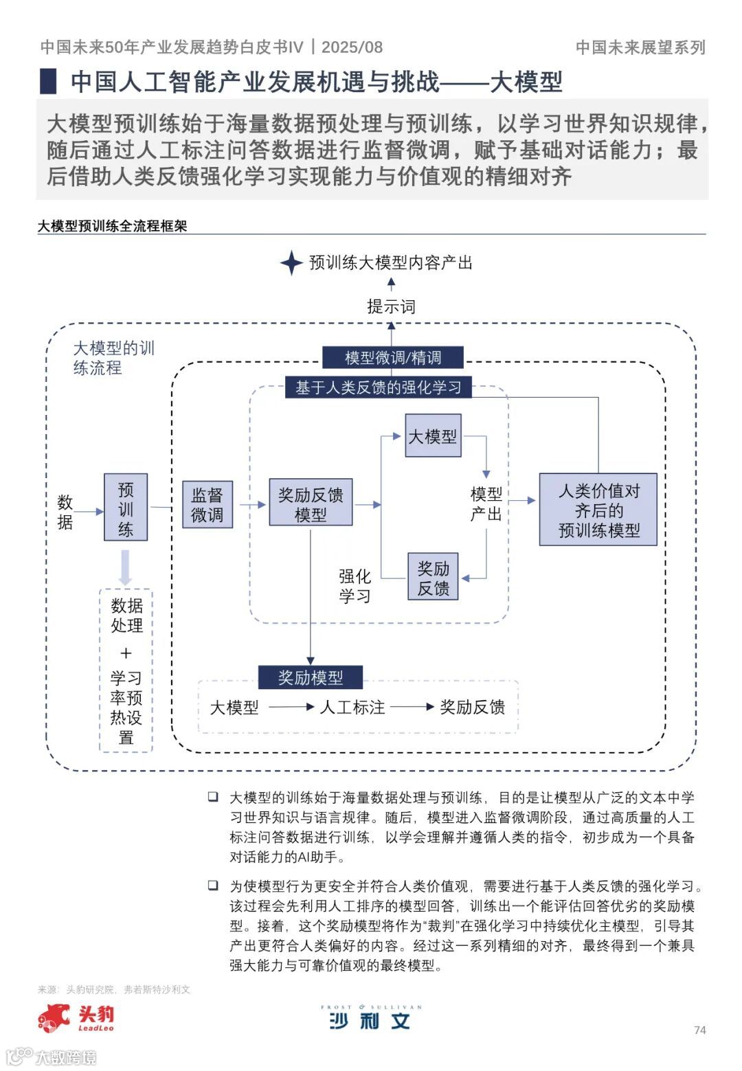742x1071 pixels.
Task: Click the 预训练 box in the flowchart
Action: [126, 507]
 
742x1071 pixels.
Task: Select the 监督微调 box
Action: [207, 504]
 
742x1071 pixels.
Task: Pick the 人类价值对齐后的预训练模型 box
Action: [598, 510]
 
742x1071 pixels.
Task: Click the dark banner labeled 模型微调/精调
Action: [392, 357]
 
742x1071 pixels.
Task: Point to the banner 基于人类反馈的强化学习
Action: [378, 387]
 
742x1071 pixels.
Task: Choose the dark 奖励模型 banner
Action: [311, 677]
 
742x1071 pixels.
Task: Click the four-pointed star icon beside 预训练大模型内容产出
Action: [291, 262]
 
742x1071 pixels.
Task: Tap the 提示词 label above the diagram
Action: [391, 306]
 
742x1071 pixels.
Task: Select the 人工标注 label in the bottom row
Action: [352, 707]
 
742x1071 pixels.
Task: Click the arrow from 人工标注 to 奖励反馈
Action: [412, 707]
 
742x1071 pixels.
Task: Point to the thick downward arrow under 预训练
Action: [125, 567]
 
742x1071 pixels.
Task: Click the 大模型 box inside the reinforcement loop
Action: [433, 436]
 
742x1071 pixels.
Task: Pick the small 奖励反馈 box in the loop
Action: [433, 578]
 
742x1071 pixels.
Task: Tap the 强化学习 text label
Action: [355, 585]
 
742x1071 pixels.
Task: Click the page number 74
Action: [700, 1030]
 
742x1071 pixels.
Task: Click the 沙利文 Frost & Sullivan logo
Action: [370, 1019]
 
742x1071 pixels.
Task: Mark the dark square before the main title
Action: [48, 81]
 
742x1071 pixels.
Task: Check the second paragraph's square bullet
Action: [214, 886]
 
